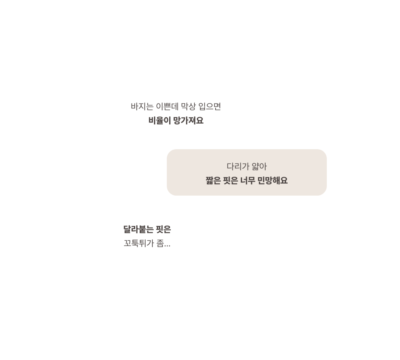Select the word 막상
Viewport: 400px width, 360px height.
pos(188,106)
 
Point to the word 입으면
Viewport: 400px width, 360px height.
pos(210,106)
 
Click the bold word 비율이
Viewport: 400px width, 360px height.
pos(160,120)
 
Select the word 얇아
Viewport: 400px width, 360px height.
pos(259,167)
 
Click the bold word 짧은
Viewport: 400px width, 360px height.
pos(213,181)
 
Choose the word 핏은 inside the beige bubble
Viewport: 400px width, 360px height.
pos(230,181)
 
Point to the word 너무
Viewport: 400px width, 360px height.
pos(248,181)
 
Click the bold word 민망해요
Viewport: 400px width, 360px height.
pos(272,181)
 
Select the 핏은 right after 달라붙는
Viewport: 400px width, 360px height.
pos(163,229)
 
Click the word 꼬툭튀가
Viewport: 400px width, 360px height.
pos(139,244)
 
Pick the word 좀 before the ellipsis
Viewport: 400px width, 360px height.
pos(160,244)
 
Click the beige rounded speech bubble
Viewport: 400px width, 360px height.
pos(247,172)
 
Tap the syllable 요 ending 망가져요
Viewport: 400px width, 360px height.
pos(200,120)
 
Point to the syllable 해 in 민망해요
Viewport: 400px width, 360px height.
pos(276,181)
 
